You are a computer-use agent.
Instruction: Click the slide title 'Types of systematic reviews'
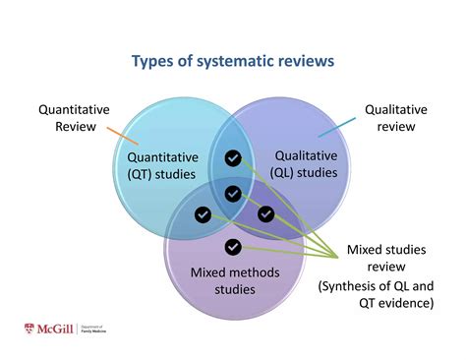pyautogui.click(x=233, y=62)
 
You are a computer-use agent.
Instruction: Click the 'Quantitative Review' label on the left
pyautogui.click(x=74, y=118)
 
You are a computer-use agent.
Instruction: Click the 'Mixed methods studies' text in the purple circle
pyautogui.click(x=223, y=279)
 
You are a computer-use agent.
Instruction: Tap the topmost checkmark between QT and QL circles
pyautogui.click(x=233, y=157)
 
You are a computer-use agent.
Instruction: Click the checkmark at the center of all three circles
pyautogui.click(x=233, y=194)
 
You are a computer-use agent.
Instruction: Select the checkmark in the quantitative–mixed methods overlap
pyautogui.click(x=203, y=213)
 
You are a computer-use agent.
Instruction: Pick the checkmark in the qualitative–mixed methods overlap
pyautogui.click(x=265, y=213)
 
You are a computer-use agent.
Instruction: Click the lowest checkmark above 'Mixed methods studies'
pyautogui.click(x=233, y=246)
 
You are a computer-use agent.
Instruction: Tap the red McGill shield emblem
pyautogui.click(x=29, y=330)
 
